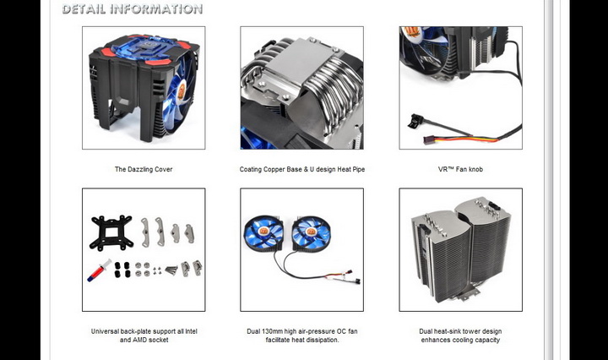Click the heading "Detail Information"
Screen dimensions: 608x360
coord(133,9)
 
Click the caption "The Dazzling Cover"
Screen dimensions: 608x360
coord(144,169)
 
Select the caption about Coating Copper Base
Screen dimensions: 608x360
coord(302,169)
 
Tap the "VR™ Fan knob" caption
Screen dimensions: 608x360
coord(460,169)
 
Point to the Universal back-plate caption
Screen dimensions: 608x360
coord(144,335)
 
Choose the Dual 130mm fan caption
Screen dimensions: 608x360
coord(302,335)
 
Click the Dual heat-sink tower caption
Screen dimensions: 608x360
coord(460,335)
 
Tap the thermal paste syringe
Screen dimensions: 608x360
coord(99,270)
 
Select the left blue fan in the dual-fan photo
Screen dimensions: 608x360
coord(263,233)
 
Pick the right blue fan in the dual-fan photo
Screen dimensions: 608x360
coord(311,232)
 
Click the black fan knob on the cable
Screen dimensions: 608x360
coord(415,121)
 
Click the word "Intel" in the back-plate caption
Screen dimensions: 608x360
coord(191,331)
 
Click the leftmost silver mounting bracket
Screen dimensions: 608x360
coord(145,232)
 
